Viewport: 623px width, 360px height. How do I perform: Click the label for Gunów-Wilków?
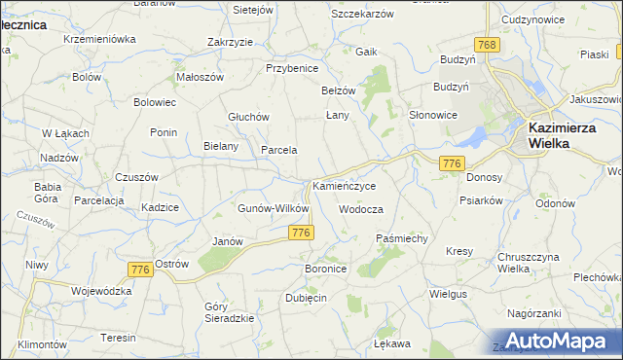click(x=274, y=208)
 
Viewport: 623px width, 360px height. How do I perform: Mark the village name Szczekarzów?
click(x=361, y=15)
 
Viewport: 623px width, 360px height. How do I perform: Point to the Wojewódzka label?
click(x=100, y=290)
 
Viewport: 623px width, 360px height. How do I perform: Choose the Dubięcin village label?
click(x=306, y=298)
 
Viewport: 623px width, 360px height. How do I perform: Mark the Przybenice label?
click(x=293, y=68)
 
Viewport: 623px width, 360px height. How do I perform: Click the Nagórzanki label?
click(x=534, y=313)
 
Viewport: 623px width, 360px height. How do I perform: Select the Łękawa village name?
click(x=392, y=343)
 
